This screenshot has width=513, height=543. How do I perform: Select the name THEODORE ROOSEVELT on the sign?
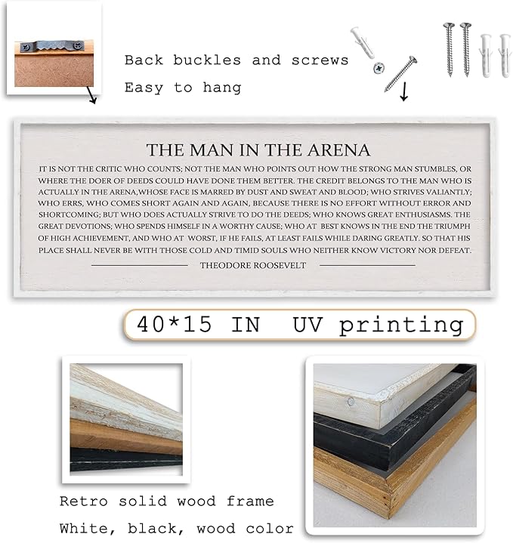pos(253,265)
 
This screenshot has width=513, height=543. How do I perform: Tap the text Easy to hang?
pos(183,88)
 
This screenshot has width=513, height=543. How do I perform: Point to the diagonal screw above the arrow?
pos(400,73)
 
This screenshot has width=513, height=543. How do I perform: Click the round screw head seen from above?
pos(377,68)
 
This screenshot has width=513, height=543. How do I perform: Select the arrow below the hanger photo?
pos(91,97)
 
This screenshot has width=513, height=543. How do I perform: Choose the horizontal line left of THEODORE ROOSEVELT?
pos(139,265)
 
